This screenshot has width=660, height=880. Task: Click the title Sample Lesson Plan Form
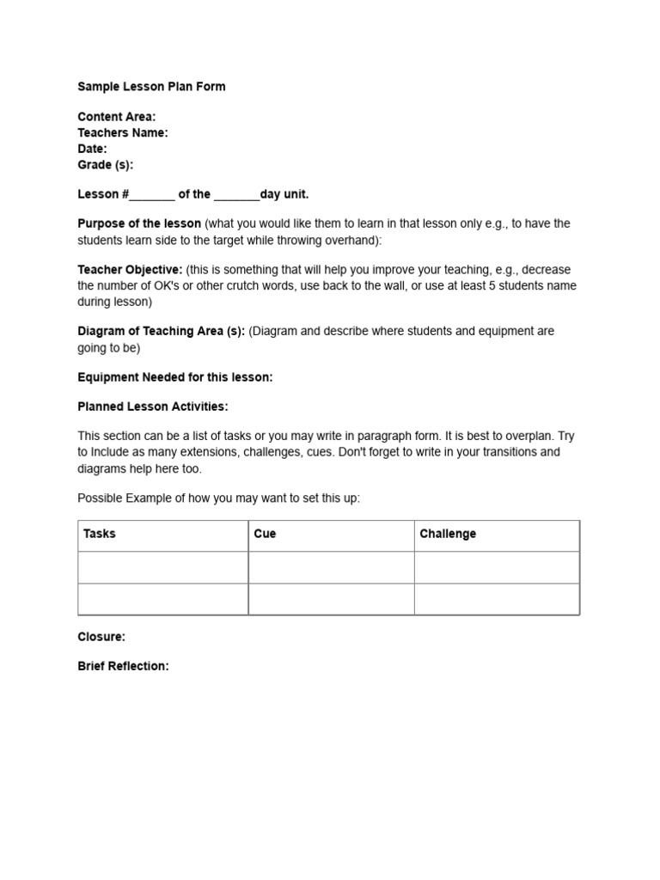click(x=151, y=87)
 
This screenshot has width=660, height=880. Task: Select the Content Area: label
click(x=117, y=117)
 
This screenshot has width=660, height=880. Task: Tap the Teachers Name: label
click(x=123, y=132)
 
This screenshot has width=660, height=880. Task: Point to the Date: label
click(x=92, y=149)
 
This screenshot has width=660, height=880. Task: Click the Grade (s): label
click(x=105, y=164)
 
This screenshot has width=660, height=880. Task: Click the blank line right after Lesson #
click(x=152, y=195)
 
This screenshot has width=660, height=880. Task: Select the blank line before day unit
click(x=236, y=195)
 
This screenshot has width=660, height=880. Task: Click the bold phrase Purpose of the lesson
click(x=139, y=223)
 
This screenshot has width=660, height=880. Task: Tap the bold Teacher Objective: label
click(x=130, y=270)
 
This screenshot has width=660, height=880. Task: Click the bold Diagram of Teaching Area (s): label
click(x=162, y=332)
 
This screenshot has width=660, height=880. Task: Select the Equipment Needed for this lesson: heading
click(x=175, y=377)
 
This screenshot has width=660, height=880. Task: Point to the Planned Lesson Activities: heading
click(x=153, y=406)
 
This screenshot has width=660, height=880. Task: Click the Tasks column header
click(x=100, y=534)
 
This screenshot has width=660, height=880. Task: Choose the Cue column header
click(x=265, y=534)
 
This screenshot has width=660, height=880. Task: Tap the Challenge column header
click(x=448, y=534)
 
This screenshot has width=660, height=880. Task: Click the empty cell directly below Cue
click(x=331, y=567)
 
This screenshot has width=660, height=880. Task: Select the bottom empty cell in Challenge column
click(x=497, y=599)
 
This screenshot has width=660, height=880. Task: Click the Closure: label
click(x=101, y=637)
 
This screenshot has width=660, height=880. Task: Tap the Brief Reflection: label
click(x=123, y=666)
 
